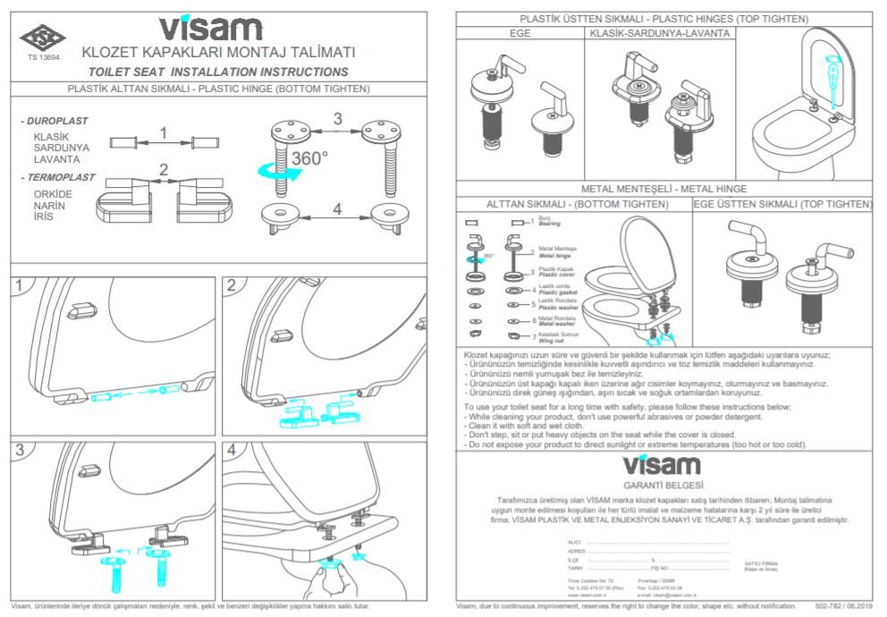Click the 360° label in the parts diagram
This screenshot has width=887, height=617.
[x=308, y=158]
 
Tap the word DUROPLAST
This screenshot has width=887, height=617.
[x=57, y=120]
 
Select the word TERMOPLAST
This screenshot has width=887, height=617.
[x=62, y=177]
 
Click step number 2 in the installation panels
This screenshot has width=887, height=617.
[x=232, y=285]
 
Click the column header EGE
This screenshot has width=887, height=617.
[x=520, y=33]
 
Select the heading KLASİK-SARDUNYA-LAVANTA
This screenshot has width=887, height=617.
[x=661, y=33]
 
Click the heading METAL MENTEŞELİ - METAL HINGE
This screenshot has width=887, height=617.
[x=663, y=190]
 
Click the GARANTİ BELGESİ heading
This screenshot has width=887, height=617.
[x=662, y=483]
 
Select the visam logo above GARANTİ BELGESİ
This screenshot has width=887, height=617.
[x=662, y=465]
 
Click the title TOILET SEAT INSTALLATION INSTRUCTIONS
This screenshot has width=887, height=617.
[x=218, y=72]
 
